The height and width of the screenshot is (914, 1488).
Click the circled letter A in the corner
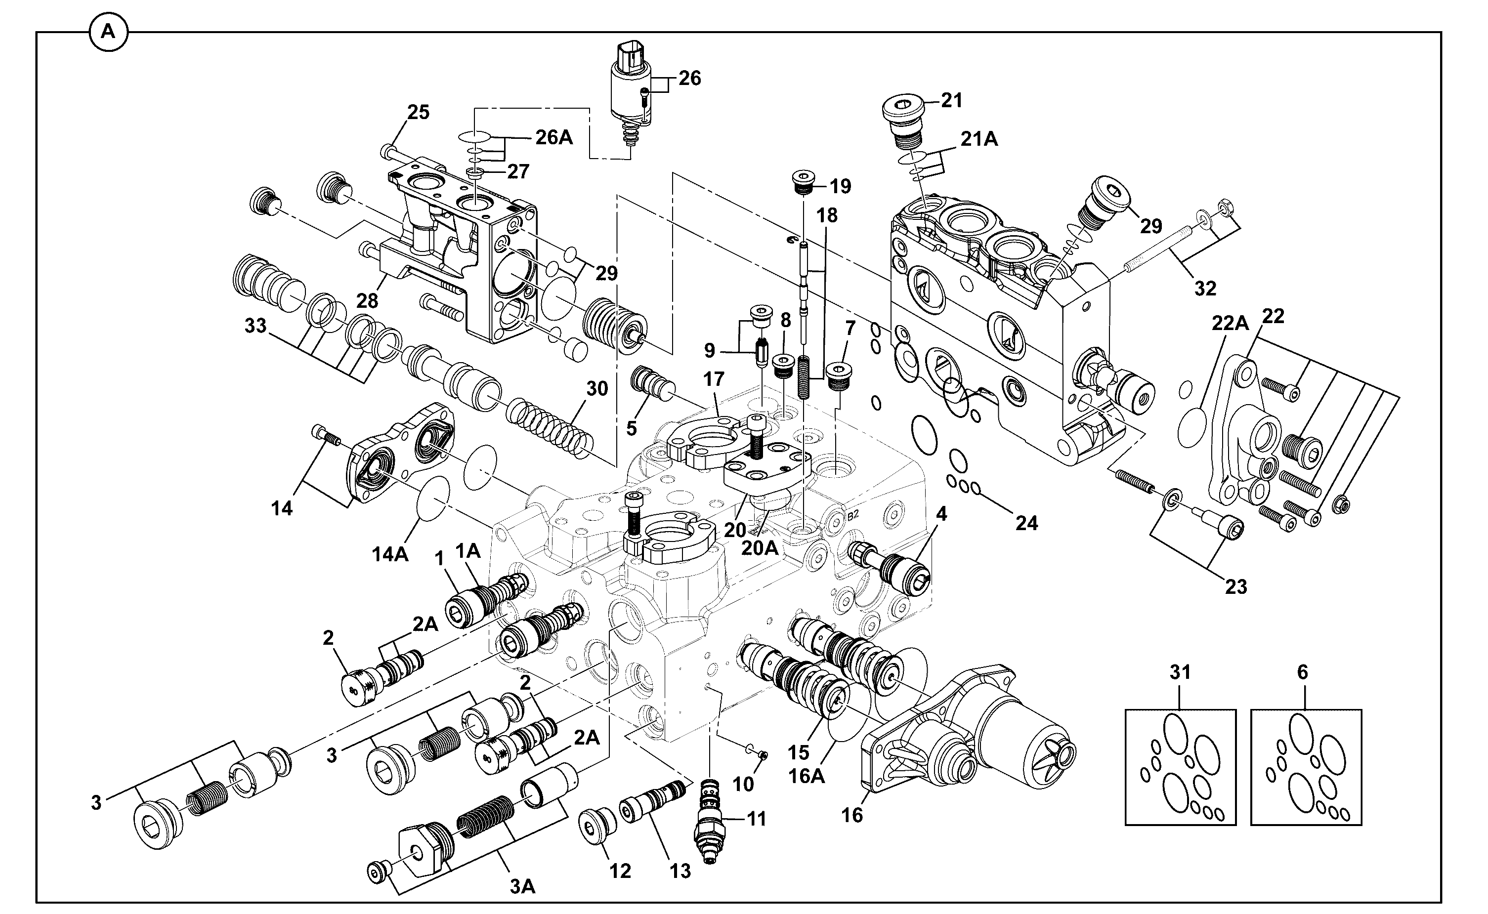coord(108,32)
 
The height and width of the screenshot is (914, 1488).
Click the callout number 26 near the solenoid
coord(689,78)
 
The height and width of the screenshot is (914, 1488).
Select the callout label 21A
coord(979,139)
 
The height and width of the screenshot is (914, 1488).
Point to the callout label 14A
coord(390,554)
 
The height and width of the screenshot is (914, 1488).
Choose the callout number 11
coord(757,819)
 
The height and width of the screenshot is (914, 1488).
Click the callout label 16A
coord(807,776)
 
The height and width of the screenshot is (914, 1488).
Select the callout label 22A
coord(1230,324)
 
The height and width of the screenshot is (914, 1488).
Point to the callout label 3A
coord(522,887)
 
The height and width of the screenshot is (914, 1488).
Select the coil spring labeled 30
coord(547,430)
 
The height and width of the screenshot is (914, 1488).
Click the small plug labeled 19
coord(804,183)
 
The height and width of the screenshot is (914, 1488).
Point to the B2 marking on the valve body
coord(852,516)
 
